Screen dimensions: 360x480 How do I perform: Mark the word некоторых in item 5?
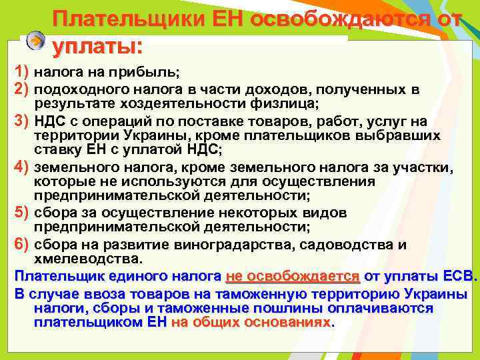coord(253,213)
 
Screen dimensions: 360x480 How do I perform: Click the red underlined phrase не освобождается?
coord(293,275)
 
